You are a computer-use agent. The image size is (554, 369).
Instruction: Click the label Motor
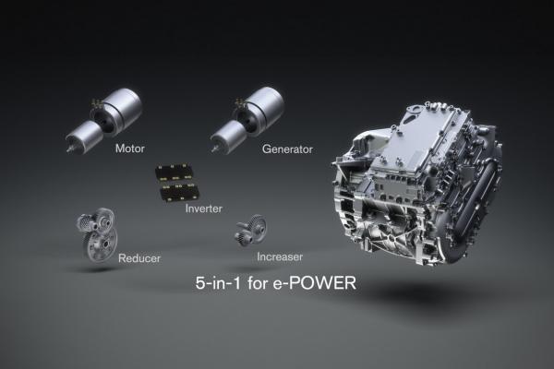pos(130,149)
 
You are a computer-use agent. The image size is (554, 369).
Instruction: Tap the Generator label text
pos(287,149)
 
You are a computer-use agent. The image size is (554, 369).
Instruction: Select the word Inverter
pos(204,208)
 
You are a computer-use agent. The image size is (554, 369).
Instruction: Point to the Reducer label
pos(139,258)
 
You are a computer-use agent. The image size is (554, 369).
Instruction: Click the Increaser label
pos(280,256)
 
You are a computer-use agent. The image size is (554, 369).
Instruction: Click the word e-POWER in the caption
pos(315,283)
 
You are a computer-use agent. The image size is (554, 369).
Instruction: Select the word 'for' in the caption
pos(257,283)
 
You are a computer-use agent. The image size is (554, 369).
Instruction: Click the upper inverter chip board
pos(174,173)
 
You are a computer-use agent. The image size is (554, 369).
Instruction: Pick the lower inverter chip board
pos(178,192)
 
